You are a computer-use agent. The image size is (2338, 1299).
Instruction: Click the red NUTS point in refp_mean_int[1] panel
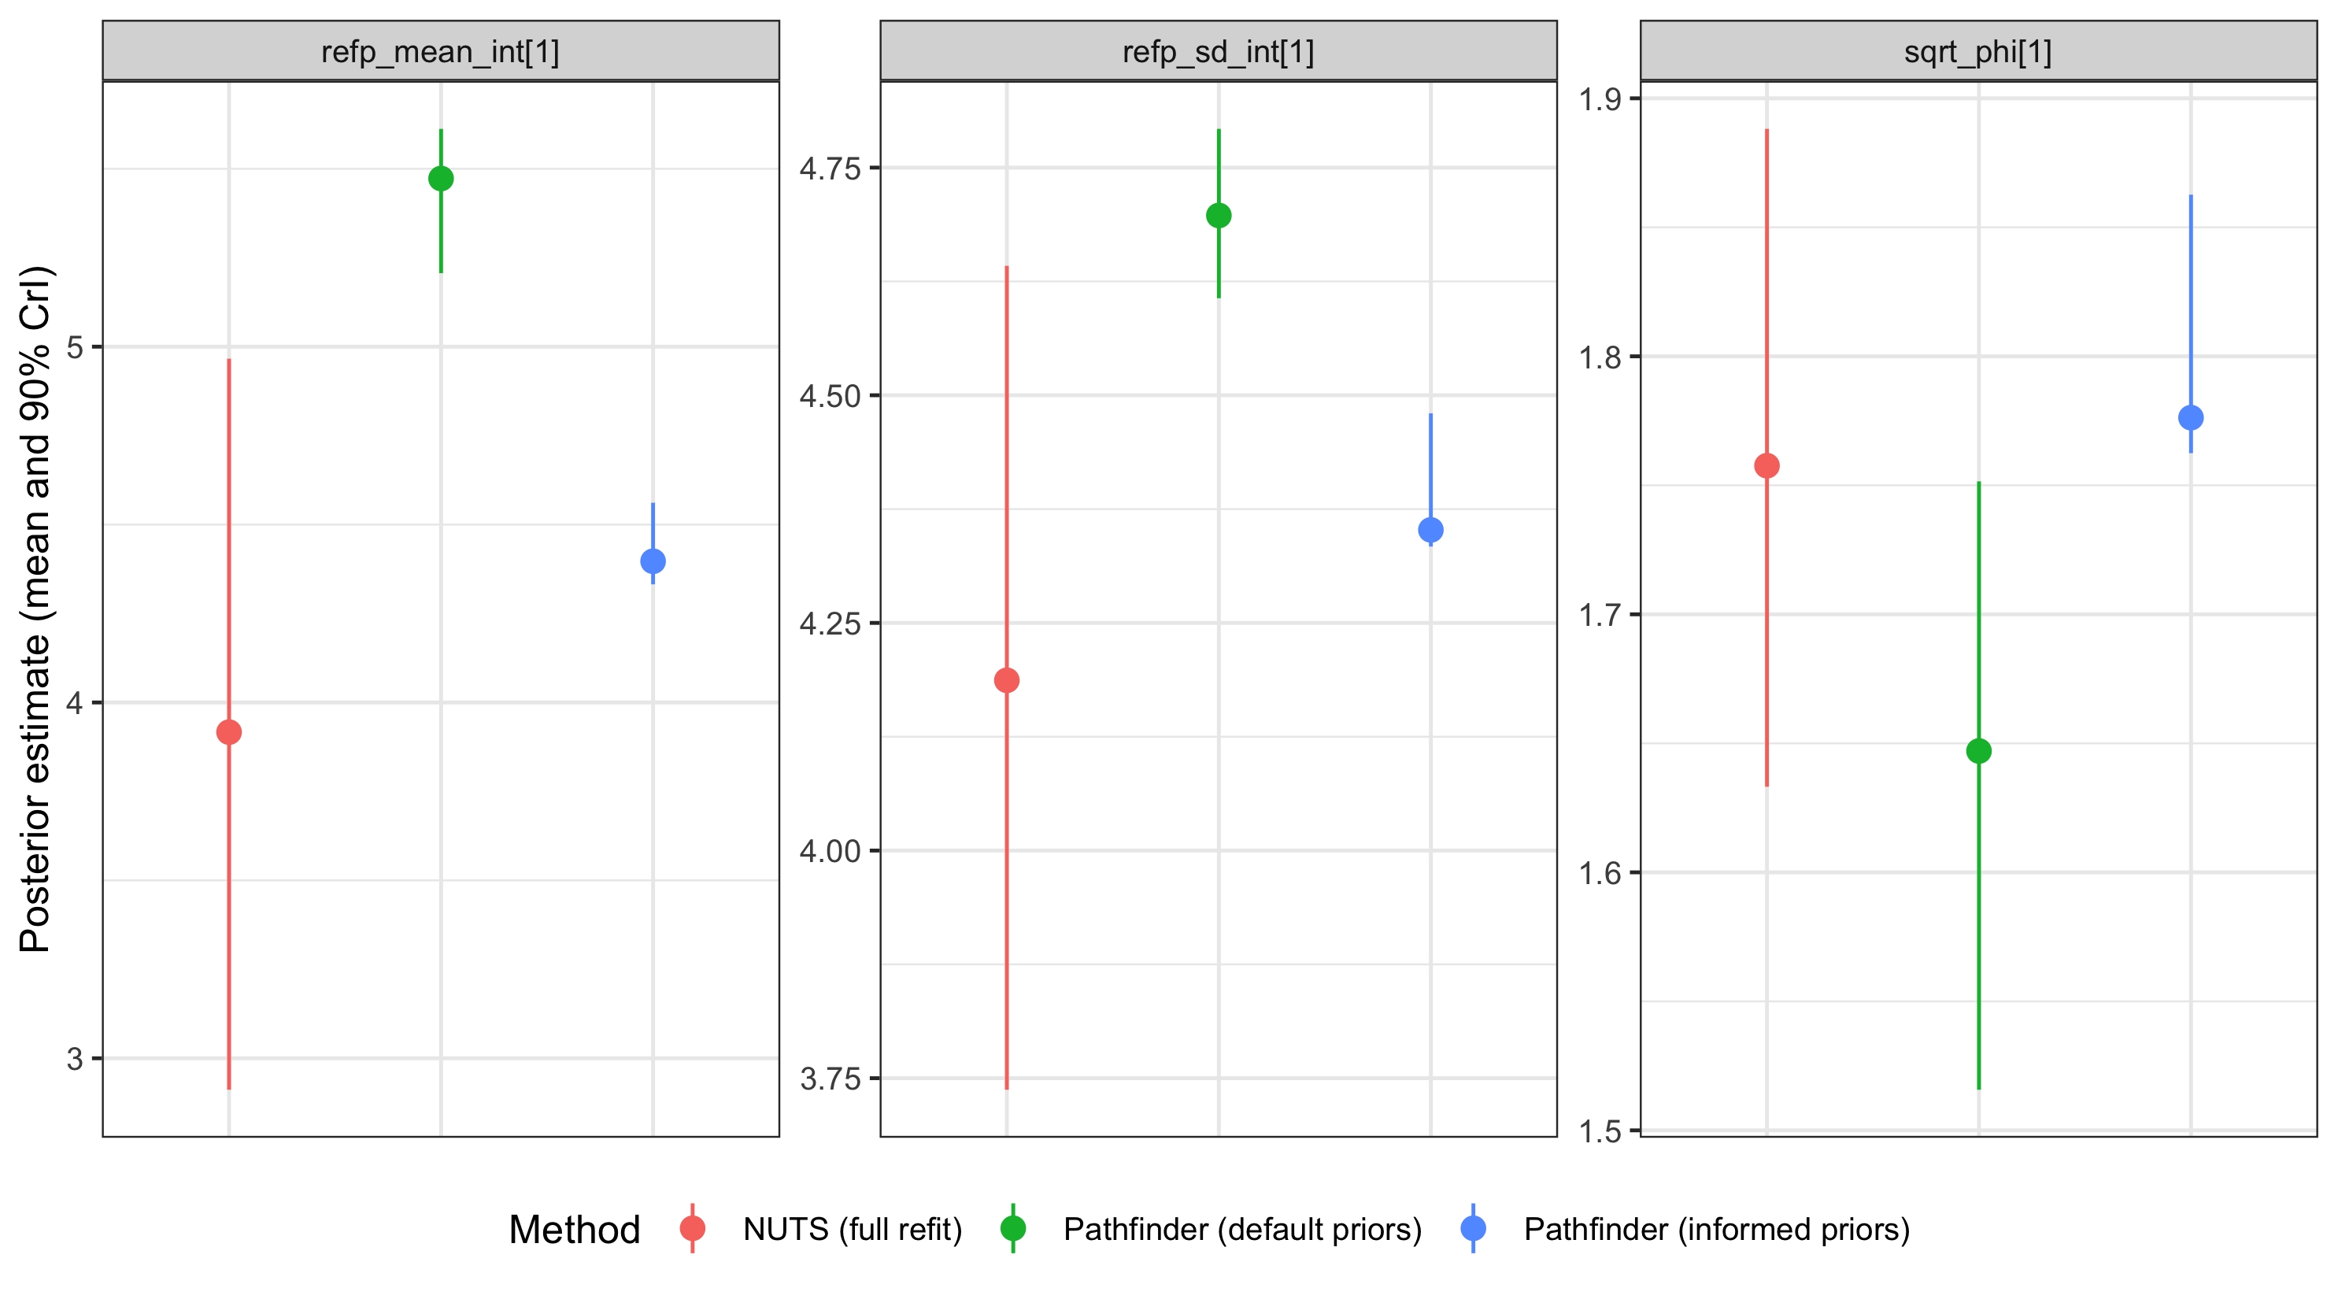tap(229, 731)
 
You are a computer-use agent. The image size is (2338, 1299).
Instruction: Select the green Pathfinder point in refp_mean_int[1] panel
tap(441, 178)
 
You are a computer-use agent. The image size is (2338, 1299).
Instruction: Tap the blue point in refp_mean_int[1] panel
tap(653, 561)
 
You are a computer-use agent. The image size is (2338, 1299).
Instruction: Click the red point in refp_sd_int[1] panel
tap(1007, 680)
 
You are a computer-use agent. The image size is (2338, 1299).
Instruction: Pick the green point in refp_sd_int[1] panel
tap(1219, 215)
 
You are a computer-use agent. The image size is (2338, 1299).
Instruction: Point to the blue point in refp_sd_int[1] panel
tap(1430, 529)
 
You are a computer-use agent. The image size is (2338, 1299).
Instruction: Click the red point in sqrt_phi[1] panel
tap(1766, 466)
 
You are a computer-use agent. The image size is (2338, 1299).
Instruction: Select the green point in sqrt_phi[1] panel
tap(1978, 751)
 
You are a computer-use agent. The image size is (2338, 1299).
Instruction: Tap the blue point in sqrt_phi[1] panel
tap(2191, 417)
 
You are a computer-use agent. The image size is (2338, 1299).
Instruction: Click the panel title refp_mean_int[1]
tap(440, 52)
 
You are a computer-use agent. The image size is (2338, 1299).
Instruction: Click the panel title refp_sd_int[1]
tap(1218, 52)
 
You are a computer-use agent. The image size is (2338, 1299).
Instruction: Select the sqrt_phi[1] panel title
tap(1977, 52)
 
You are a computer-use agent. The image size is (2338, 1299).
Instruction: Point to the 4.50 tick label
tap(829, 397)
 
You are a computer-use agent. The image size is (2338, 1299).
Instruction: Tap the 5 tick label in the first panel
tap(75, 348)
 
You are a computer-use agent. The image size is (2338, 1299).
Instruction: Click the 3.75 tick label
tap(829, 1079)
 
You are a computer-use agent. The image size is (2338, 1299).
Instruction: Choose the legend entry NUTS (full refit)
tap(851, 1229)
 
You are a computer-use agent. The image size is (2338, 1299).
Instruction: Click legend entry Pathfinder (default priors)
tap(1241, 1229)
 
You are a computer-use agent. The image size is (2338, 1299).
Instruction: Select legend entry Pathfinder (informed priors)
tap(1715, 1229)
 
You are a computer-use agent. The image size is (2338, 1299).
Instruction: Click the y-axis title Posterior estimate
tap(36, 609)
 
